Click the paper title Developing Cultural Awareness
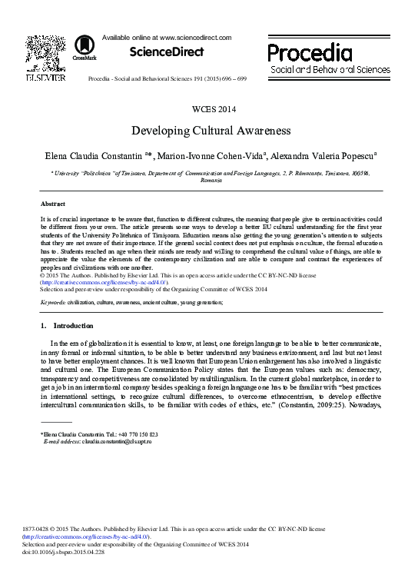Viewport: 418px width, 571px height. click(209, 131)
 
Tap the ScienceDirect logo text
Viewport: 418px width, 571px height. click(167, 52)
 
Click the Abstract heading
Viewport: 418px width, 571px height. click(51, 204)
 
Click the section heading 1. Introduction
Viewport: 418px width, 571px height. click(65, 327)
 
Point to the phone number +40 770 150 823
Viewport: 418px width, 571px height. click(139, 435)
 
